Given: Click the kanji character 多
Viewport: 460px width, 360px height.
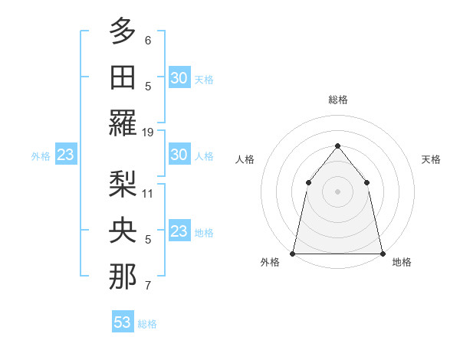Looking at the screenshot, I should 123,31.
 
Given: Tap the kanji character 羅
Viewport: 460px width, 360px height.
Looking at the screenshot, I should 123,124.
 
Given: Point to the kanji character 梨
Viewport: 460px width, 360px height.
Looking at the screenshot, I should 123,184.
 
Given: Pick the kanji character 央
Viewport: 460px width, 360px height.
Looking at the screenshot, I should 123,230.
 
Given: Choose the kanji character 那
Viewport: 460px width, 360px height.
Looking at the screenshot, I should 123,277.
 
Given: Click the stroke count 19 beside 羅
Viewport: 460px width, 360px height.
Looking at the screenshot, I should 148,133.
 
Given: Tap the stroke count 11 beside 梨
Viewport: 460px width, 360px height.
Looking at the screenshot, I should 148,193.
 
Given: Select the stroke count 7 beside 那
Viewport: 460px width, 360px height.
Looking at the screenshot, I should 148,286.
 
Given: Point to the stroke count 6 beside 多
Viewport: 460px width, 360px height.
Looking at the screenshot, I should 148,40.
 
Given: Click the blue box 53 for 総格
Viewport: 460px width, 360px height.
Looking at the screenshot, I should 123,322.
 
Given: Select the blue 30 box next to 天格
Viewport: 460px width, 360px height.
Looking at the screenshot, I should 179,78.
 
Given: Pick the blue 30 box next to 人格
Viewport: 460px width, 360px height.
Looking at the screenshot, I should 179,155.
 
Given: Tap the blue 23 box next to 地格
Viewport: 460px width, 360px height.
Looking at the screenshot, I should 179,231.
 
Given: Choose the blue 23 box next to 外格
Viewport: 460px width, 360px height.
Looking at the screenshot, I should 65,155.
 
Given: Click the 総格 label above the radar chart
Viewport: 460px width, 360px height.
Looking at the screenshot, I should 337,100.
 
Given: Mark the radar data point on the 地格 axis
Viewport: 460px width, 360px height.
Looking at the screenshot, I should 381,253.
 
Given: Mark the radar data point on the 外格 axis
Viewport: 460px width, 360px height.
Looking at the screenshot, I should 293,253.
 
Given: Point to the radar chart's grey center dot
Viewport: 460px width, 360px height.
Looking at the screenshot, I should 337,191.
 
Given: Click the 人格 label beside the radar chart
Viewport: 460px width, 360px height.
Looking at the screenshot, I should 245,159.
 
